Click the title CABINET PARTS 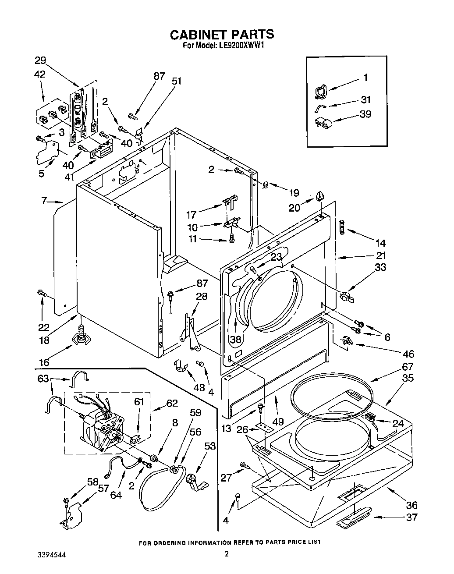[222, 34]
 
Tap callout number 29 [40, 61]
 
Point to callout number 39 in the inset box [365, 114]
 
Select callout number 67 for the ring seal [407, 367]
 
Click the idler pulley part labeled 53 [194, 481]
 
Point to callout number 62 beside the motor [172, 403]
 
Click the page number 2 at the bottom [227, 554]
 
